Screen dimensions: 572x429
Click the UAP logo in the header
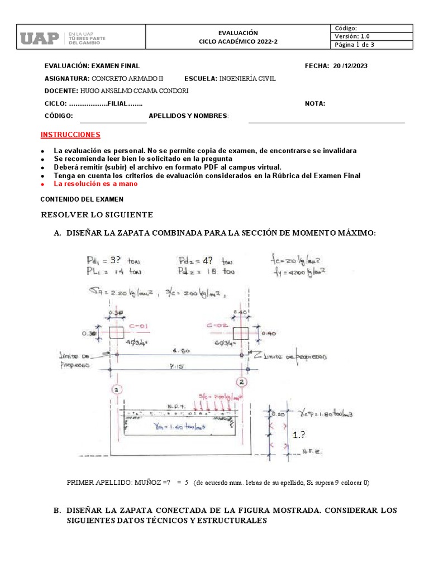40,38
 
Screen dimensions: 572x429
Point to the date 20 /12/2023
350,65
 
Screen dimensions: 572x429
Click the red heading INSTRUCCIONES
70,135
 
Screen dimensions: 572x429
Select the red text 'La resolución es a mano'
96,183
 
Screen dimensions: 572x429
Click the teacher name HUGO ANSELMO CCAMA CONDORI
134,91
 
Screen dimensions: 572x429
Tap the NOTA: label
315,103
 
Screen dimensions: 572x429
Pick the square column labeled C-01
116,332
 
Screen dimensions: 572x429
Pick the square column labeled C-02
241,333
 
